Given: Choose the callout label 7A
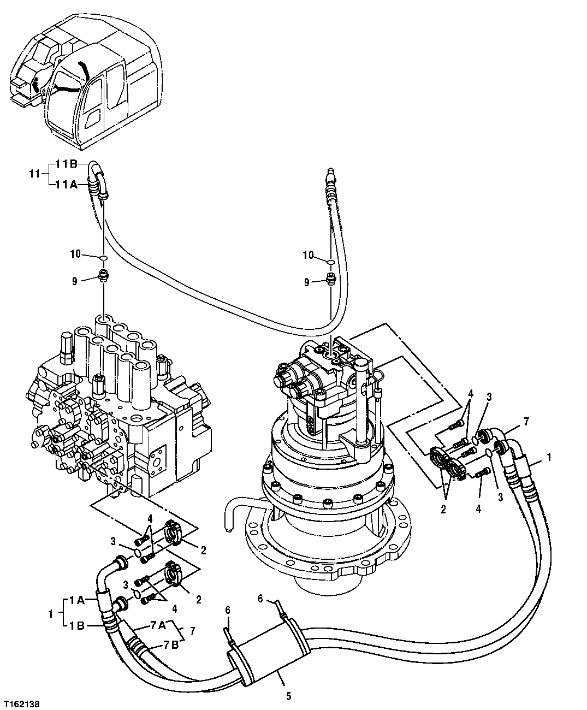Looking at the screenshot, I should point(155,626).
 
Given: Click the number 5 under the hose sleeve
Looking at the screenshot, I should point(288,696).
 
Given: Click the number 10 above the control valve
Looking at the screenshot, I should point(75,254).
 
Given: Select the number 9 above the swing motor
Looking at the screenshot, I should point(307,282).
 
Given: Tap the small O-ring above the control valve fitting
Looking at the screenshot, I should point(103,257).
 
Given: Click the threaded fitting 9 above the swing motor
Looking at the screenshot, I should point(330,280).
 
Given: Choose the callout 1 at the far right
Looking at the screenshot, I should point(549,458).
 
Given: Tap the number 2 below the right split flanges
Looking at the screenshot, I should point(443,510).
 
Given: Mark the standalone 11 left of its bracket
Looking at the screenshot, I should point(34,174).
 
